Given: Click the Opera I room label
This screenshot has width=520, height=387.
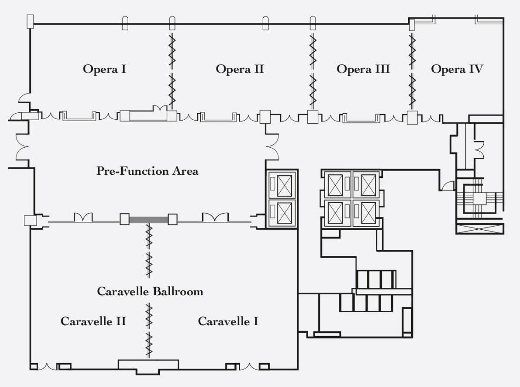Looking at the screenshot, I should (x=105, y=69).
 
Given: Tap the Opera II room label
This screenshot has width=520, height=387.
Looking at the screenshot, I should (x=240, y=69).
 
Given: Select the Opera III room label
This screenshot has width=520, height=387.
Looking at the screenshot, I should (x=363, y=69).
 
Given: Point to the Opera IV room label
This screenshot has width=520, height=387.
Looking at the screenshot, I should (x=457, y=69).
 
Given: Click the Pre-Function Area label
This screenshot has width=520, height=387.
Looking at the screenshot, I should (x=147, y=171).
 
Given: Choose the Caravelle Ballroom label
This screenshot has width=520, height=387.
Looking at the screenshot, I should (x=150, y=292).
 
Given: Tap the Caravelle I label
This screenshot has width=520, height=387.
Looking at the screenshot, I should (x=228, y=321).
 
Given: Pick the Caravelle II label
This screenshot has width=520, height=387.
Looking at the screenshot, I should (x=93, y=321).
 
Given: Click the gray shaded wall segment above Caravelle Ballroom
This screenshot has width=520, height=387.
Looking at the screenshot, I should (x=148, y=220).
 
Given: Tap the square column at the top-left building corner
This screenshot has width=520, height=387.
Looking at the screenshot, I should (x=30, y=21).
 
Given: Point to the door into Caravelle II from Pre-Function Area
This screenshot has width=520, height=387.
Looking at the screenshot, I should (x=83, y=217).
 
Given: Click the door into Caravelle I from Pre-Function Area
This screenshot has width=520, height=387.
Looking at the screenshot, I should (x=215, y=217).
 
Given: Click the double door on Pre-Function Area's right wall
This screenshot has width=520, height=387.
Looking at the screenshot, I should (x=271, y=147).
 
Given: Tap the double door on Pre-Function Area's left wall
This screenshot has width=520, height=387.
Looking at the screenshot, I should (x=22, y=147).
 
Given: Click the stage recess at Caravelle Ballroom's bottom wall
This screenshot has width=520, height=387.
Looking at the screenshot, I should (x=148, y=365).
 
